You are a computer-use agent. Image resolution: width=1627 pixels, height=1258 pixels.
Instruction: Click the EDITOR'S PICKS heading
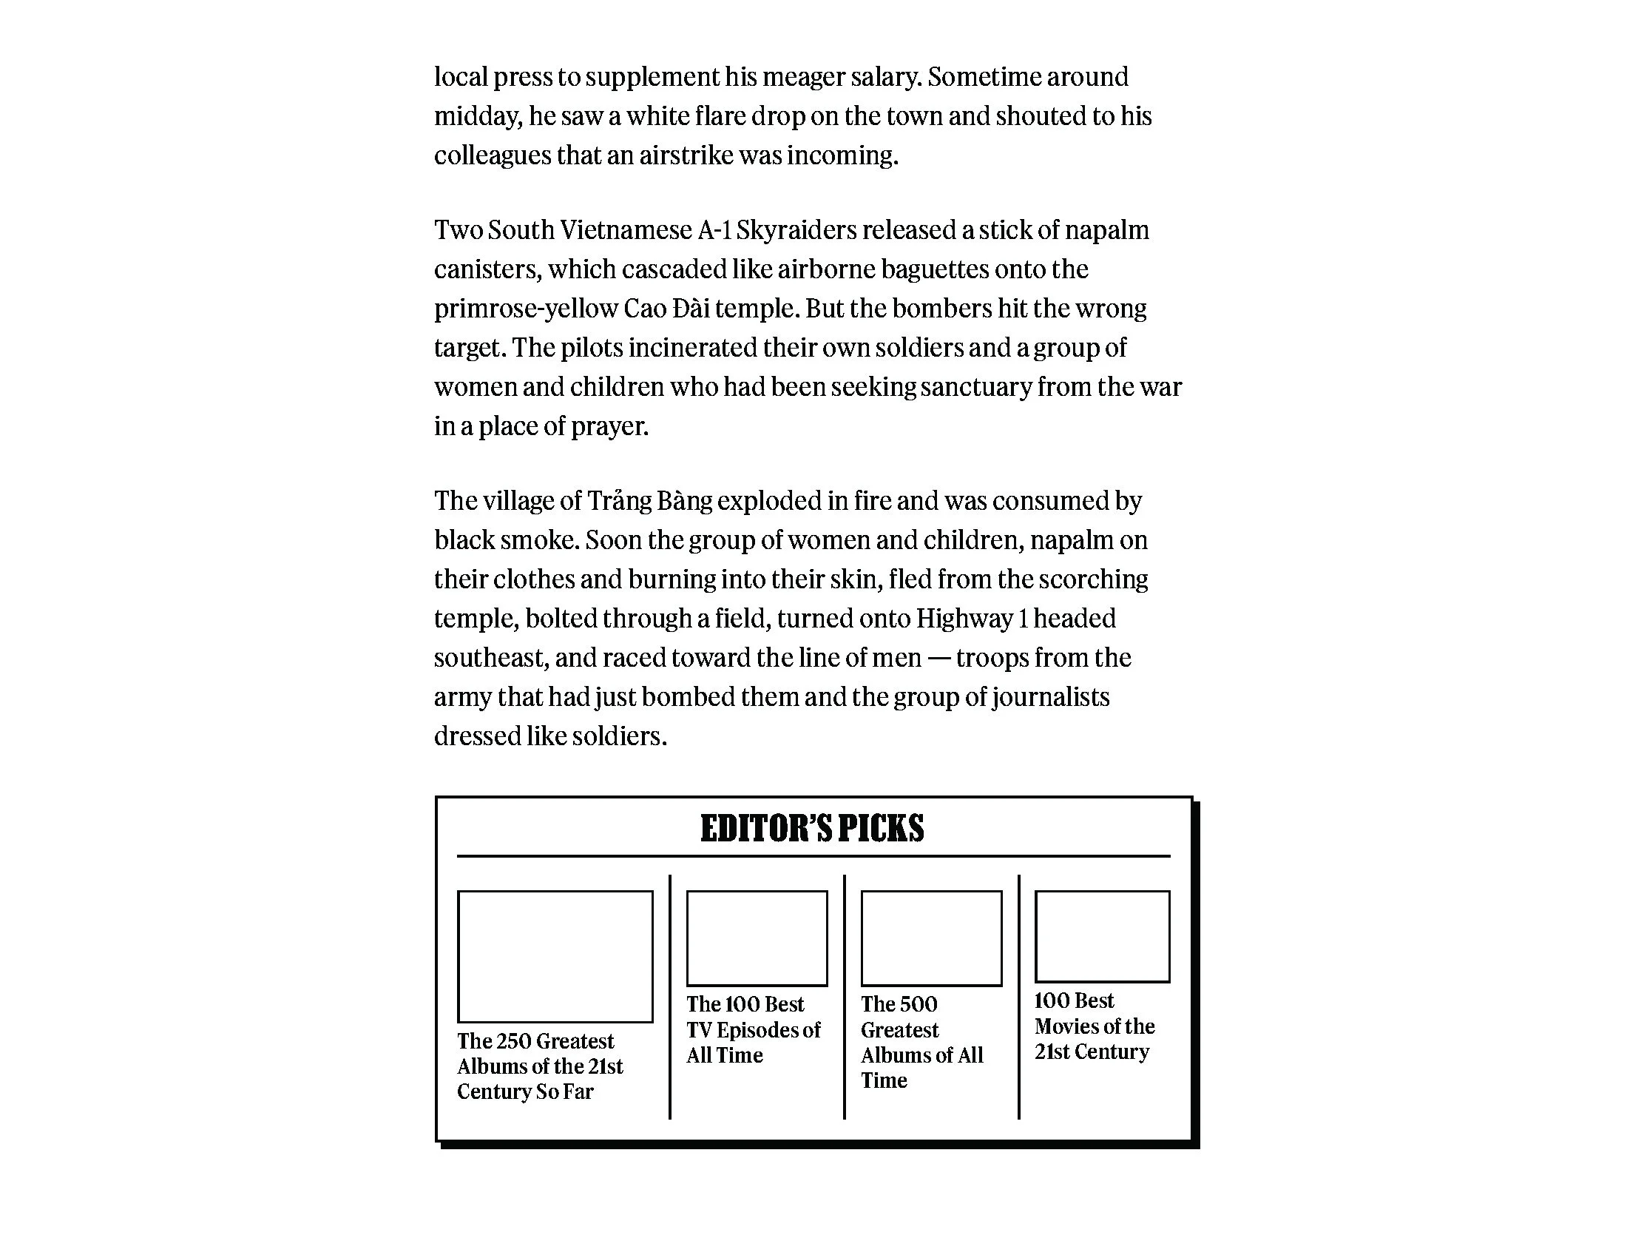[x=812, y=829]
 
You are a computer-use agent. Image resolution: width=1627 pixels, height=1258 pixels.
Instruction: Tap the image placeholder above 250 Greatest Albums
[x=555, y=956]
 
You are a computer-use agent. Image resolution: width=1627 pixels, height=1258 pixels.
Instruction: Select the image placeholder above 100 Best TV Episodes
[x=756, y=938]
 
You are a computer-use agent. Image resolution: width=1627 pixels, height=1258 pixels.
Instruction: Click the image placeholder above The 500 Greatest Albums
[x=931, y=938]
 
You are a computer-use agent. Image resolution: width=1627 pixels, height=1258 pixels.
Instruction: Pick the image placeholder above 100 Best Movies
[x=1102, y=936]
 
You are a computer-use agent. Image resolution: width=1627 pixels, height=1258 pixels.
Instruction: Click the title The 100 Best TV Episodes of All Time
[x=752, y=1029]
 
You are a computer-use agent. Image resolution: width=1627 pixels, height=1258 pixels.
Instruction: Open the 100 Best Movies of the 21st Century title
[x=1094, y=1026]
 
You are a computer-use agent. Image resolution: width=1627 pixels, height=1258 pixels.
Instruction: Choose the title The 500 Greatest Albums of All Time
[x=921, y=1042]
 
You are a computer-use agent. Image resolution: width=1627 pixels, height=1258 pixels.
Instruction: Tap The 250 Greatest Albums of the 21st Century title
[x=539, y=1066]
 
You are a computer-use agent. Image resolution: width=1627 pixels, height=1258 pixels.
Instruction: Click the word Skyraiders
[x=796, y=230]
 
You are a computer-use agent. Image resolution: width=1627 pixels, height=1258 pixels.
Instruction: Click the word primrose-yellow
[x=526, y=309]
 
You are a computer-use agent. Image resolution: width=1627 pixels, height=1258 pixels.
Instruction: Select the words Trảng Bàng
[x=649, y=501]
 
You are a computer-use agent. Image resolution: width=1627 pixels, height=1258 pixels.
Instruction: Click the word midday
[x=477, y=116]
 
